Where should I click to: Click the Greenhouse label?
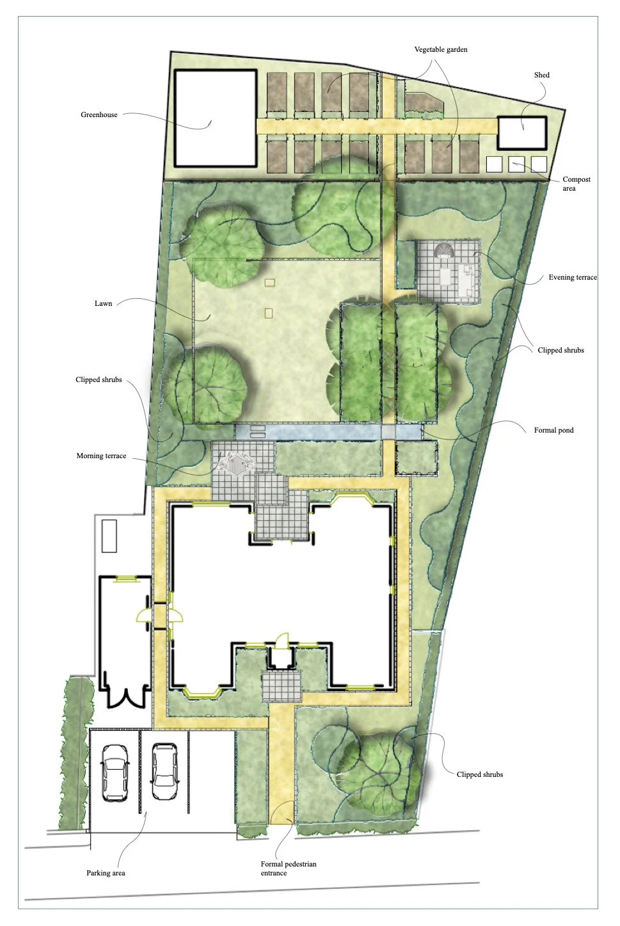(99, 115)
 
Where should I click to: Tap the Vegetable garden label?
(440, 49)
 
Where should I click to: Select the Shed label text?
(541, 75)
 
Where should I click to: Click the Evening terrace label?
(572, 277)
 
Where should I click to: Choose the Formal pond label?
(553, 430)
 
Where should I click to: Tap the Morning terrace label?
(101, 456)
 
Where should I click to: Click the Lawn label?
(103, 303)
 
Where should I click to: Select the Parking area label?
(106, 873)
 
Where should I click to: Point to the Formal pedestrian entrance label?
(288, 868)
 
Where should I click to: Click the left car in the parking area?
(115, 772)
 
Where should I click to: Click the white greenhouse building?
(216, 118)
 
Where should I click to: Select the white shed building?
(522, 133)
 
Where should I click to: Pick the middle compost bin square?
(516, 164)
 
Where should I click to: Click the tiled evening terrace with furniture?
(448, 271)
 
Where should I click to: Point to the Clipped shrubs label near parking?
(479, 774)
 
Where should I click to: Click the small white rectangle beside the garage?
(109, 536)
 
